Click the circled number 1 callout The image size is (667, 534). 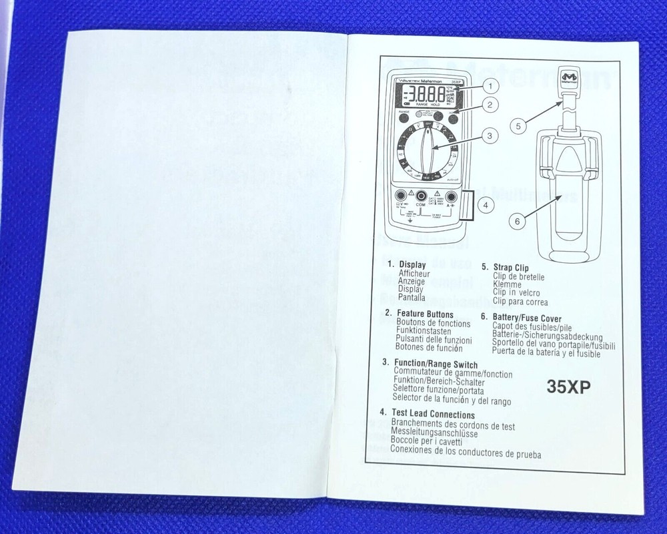click(490, 85)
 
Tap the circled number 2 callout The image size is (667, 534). click(490, 105)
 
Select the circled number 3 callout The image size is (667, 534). click(490, 136)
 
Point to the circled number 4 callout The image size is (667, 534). click(486, 206)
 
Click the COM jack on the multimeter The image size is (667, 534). click(422, 197)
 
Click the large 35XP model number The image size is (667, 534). click(568, 387)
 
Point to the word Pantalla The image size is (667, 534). click(412, 298)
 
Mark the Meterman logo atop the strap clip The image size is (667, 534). click(569, 78)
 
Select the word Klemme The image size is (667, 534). click(507, 284)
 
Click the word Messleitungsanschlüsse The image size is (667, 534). click(434, 433)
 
